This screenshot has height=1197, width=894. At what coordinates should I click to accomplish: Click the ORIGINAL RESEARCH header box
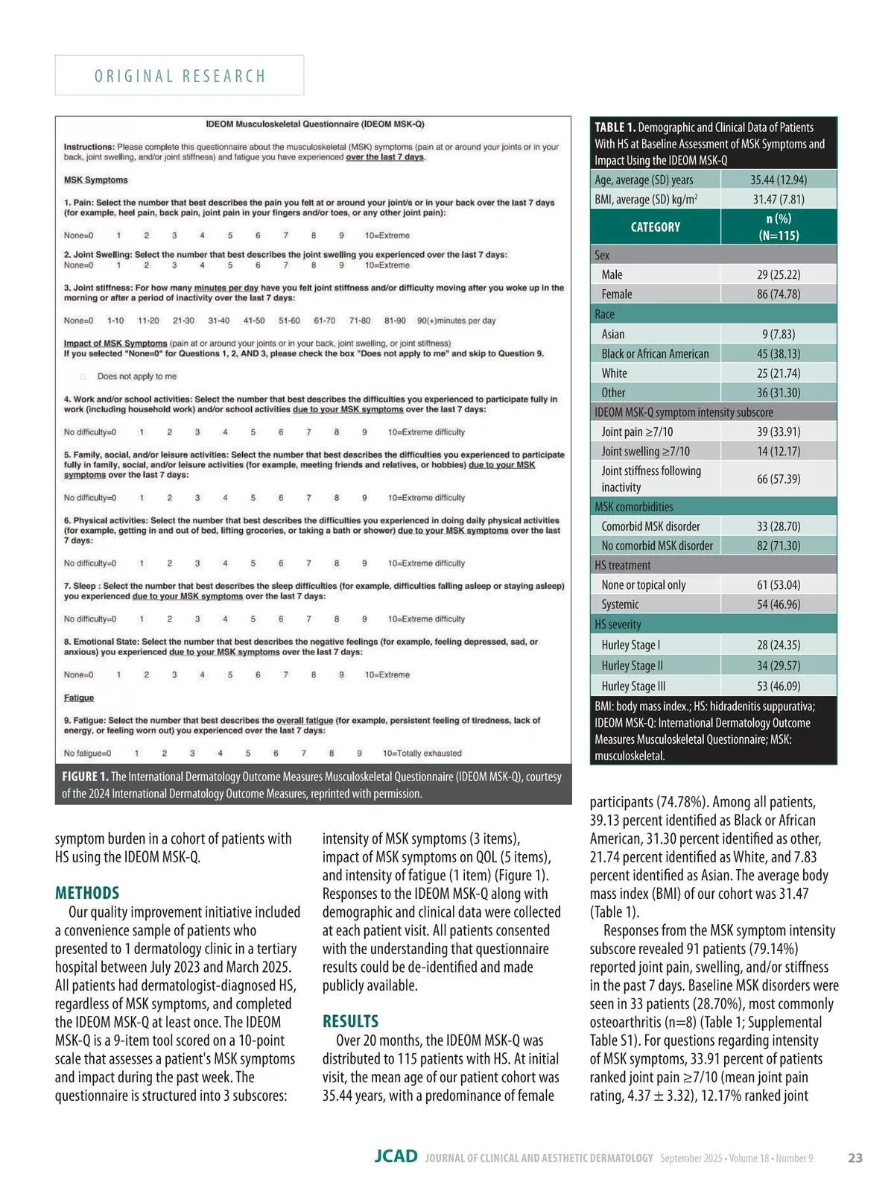pos(180,75)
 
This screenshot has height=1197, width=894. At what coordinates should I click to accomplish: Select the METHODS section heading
pos(87,893)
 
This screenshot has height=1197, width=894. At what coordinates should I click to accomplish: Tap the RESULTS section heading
pos(350,1021)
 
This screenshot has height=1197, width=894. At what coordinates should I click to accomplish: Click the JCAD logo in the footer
pos(396,1157)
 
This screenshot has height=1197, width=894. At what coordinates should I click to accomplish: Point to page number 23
pos(855,1157)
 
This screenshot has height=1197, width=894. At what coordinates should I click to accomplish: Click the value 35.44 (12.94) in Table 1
pos(778,180)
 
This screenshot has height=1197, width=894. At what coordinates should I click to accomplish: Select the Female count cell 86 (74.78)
pos(778,294)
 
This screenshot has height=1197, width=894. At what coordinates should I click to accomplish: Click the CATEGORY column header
pos(655,227)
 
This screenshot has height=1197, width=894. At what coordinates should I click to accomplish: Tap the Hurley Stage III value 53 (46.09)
pos(778,686)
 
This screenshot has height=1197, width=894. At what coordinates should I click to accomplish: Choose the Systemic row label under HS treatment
pos(620,604)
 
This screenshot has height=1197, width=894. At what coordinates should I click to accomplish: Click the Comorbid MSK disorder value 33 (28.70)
pos(778,526)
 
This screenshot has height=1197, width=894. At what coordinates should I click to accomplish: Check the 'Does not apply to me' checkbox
pos(83,376)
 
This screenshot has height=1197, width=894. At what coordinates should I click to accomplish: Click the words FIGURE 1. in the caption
pos(85,777)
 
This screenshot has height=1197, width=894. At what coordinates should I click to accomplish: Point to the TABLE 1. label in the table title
pos(615,127)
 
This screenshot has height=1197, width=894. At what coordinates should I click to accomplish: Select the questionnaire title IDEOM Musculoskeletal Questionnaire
pos(314,124)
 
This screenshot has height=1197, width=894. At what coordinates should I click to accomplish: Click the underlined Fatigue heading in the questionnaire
pos(79,698)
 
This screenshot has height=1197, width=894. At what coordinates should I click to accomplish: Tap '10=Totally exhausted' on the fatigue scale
pos(422,754)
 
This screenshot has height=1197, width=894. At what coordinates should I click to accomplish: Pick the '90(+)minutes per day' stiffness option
pos(456,320)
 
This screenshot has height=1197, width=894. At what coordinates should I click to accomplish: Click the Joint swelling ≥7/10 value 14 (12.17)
pos(778,452)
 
